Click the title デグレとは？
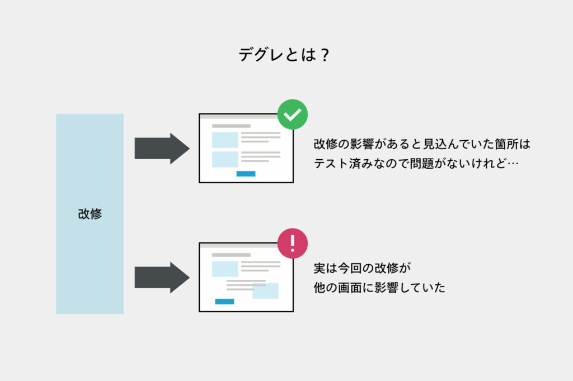[x=284, y=55]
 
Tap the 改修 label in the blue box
[x=90, y=213]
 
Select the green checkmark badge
[x=292, y=114]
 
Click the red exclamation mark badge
[x=292, y=244]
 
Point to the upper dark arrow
[x=162, y=149]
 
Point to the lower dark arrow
[x=162, y=278]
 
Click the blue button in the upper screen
[x=246, y=174]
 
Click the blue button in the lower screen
[x=224, y=302]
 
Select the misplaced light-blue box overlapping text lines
[x=265, y=291]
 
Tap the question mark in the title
[x=325, y=55]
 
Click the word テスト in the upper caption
[x=331, y=164]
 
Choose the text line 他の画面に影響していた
[x=379, y=288]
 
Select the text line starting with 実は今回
[x=362, y=268]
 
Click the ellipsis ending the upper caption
[x=513, y=164]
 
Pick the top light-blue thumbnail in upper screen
[x=225, y=140]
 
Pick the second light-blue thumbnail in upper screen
[x=225, y=159]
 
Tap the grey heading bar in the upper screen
[x=231, y=126]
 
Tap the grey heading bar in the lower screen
[x=231, y=255]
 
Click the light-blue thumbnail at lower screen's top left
[x=225, y=269]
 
